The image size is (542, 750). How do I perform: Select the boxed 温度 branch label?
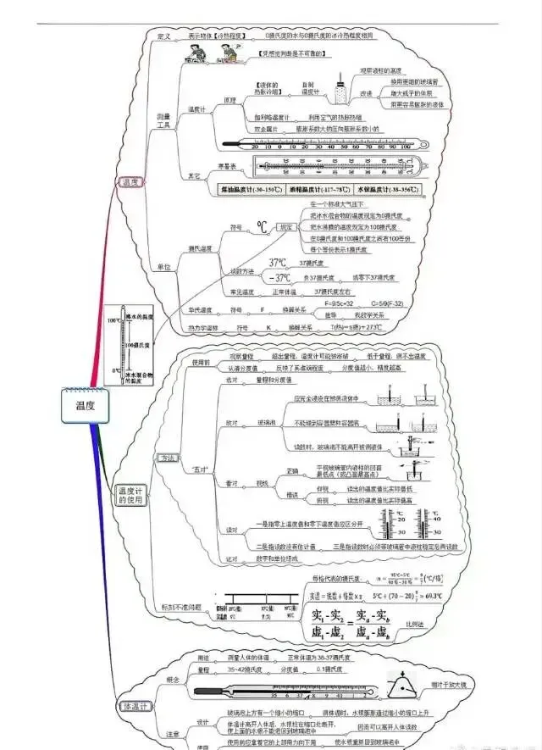tap(130, 182)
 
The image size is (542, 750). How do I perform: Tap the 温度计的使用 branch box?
tap(131, 495)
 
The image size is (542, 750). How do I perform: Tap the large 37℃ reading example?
tap(279, 263)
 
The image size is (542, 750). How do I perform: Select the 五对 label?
tap(201, 469)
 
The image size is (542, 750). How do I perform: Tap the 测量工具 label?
tap(163, 119)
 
